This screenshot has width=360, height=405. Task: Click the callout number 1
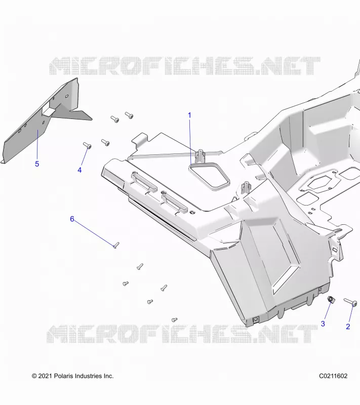189,115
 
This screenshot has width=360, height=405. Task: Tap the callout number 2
348,327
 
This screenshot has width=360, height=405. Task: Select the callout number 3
323,323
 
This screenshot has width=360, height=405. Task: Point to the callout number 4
79,170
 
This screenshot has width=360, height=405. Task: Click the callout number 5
37,164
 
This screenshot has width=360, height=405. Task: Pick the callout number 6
72,219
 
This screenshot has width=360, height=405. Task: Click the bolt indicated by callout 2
350,302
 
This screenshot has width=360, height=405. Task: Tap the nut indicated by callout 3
331,300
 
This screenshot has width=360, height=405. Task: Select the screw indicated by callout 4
87,145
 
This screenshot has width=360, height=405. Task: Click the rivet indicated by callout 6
116,245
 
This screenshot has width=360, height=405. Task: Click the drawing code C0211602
333,376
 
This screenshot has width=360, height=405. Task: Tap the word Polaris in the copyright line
63,376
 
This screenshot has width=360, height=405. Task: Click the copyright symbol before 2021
34,376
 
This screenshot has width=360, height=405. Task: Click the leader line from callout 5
37,145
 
